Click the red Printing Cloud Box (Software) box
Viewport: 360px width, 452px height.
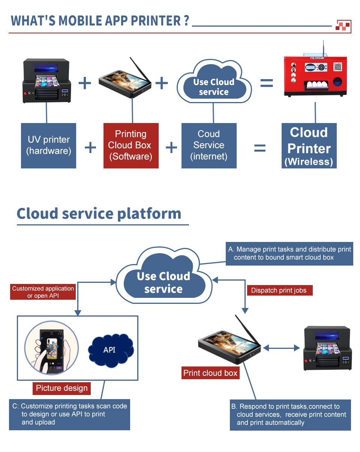tap(131, 145)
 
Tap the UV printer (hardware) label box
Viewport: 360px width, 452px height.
tap(49, 145)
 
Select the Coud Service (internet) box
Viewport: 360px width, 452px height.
tap(209, 145)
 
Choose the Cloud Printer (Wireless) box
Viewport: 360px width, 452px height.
tap(309, 146)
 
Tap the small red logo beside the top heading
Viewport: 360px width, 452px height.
tap(343, 26)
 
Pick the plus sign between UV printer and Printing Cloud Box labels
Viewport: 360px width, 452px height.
tap(90, 148)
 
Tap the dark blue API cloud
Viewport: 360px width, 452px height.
tap(110, 350)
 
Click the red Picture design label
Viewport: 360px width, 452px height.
tap(62, 388)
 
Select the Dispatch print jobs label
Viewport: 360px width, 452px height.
tap(279, 290)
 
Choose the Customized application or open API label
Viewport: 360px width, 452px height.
tap(43, 292)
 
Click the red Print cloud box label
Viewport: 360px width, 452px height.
tap(210, 373)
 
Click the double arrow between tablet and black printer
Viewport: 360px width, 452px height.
tap(281, 348)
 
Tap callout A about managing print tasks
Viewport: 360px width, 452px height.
tap(289, 254)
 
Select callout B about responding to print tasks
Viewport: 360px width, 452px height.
tap(290, 414)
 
